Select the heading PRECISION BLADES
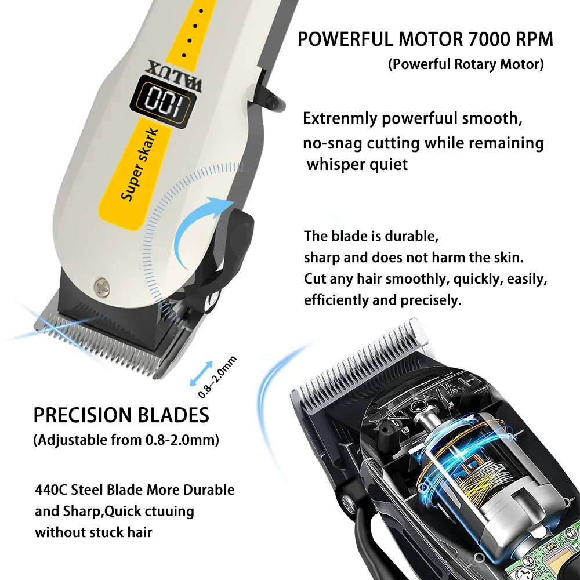pyautogui.click(x=121, y=415)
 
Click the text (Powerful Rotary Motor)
pyautogui.click(x=466, y=64)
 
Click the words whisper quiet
pyautogui.click(x=357, y=164)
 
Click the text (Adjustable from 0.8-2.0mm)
pyautogui.click(x=126, y=440)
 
